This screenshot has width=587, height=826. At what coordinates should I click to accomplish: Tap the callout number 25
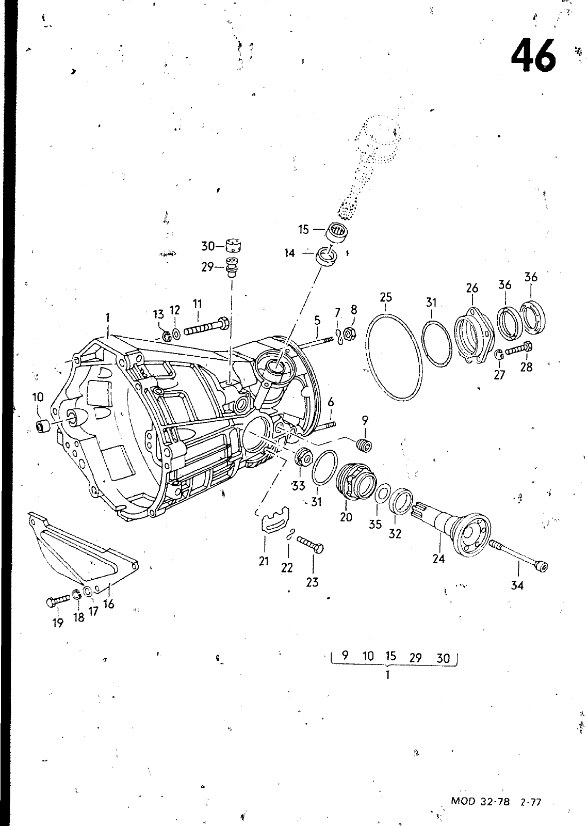click(x=386, y=297)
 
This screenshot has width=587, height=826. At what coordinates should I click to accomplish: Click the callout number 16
click(x=108, y=603)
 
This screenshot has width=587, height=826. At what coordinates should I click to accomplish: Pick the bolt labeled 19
click(x=57, y=600)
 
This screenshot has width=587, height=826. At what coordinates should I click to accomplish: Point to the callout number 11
click(x=198, y=304)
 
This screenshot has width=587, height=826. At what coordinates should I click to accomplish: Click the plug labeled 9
click(x=365, y=443)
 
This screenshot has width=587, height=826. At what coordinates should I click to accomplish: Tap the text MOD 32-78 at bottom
click(x=480, y=802)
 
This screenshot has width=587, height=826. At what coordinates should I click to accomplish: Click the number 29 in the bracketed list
click(x=415, y=657)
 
